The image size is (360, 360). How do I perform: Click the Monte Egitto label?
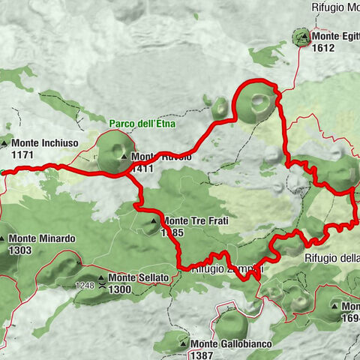tap(336, 36)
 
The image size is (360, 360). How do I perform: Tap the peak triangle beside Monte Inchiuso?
tap(5, 143)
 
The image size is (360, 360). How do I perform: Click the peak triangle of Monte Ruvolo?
tap(124, 157)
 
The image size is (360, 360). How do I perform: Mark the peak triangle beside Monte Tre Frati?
tap(154, 220)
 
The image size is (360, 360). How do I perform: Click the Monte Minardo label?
tap(43, 239)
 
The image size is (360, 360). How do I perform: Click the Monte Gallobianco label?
tap(231, 343)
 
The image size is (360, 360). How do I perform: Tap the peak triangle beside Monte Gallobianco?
tap(183, 343)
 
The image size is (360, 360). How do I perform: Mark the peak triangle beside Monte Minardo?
tap(5, 239)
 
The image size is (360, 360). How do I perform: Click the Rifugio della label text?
tap(332, 257)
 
